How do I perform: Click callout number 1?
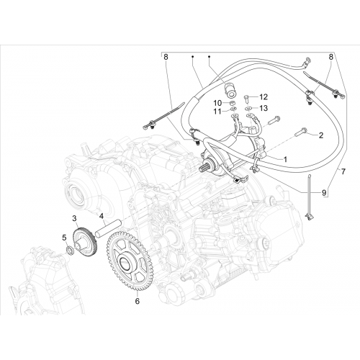(x=285, y=159)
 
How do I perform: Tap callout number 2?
(x=321, y=135)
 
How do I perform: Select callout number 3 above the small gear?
(x=74, y=218)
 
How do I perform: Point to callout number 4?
(x=102, y=216)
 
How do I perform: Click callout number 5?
(x=64, y=238)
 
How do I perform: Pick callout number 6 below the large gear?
(x=137, y=301)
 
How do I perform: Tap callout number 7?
(x=343, y=171)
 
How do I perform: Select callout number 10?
(x=218, y=103)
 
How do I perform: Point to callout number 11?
(x=217, y=112)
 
